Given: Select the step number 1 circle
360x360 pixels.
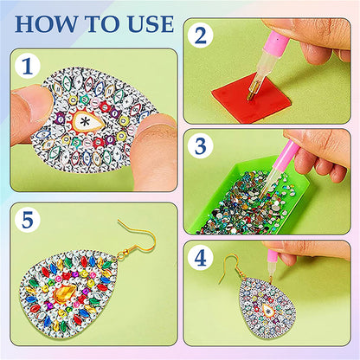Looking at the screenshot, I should point(31,66).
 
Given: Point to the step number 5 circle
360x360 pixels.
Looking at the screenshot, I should point(31,221).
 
